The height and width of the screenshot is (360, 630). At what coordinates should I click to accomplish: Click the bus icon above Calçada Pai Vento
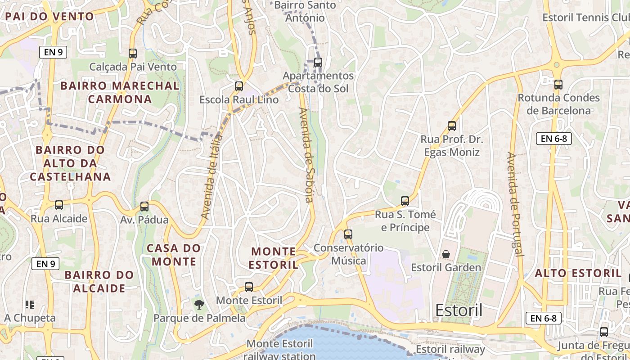(x=133, y=54)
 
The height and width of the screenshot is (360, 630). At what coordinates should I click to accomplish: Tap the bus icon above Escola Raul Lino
(x=239, y=86)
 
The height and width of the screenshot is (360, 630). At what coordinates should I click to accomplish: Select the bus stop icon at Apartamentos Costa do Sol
(x=318, y=63)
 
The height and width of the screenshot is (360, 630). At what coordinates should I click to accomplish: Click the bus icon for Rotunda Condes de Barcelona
(x=558, y=84)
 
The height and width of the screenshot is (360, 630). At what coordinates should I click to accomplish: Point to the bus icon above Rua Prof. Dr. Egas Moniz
(x=452, y=126)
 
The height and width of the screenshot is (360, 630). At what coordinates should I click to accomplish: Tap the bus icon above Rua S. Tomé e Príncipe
(x=405, y=201)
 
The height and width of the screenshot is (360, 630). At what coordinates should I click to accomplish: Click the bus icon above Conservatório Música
(x=348, y=234)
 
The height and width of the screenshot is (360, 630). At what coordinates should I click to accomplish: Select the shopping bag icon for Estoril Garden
(x=446, y=255)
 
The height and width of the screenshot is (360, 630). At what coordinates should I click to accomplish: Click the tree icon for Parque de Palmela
(x=199, y=305)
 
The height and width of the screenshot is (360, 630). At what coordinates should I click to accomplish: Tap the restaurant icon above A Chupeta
(x=30, y=305)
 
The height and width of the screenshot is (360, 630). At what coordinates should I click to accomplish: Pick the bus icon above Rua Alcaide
(x=59, y=205)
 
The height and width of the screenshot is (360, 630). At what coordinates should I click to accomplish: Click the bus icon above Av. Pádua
(x=144, y=207)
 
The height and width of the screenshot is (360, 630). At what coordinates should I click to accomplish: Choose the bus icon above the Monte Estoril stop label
(x=249, y=287)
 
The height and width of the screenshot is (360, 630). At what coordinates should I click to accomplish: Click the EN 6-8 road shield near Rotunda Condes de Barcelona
(x=554, y=139)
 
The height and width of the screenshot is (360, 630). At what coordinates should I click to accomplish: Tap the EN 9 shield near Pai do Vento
(x=53, y=52)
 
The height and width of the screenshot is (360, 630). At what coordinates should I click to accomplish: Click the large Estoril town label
(x=459, y=310)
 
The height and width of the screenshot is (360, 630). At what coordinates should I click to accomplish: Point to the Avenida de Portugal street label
(x=516, y=204)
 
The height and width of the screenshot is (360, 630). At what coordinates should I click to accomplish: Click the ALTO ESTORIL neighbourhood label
(x=578, y=273)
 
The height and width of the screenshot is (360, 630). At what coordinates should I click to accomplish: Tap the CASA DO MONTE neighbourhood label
(x=174, y=255)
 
